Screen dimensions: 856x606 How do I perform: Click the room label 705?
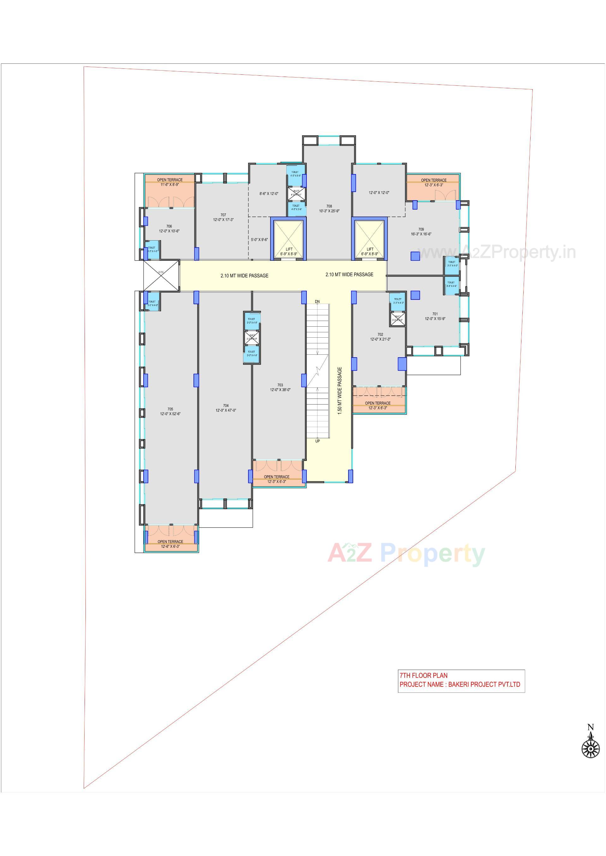tap(170, 409)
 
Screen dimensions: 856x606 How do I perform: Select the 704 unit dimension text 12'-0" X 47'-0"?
tap(225, 410)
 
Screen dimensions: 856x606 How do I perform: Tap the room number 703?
tap(280, 385)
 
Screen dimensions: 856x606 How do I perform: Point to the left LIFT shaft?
tap(288, 239)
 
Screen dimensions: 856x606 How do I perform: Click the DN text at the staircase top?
tap(317, 301)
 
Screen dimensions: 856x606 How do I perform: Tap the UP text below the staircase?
tap(318, 441)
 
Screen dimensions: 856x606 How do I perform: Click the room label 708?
tap(329, 206)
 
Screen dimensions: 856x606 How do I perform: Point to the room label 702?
tap(380, 335)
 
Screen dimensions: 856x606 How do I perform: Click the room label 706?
tap(169, 226)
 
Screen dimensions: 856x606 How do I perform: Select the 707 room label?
tap(223, 215)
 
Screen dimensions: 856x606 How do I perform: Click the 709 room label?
tap(421, 229)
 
